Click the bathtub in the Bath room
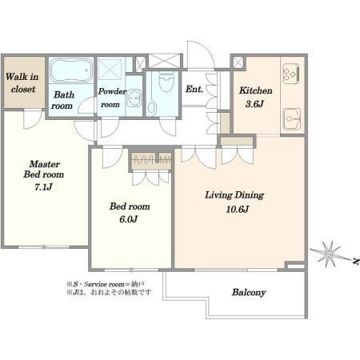pyautogui.click(x=71, y=70)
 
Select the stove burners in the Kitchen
pyautogui.click(x=291, y=72)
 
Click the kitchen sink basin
pyautogui.click(x=291, y=118)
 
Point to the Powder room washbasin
pyautogui.click(x=134, y=98)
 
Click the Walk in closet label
pyautogui.click(x=22, y=82)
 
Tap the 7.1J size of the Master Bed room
pyautogui.click(x=43, y=187)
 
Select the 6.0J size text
pyautogui.click(x=129, y=219)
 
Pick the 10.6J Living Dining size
pyautogui.click(x=238, y=209)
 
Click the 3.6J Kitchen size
pyautogui.click(x=254, y=104)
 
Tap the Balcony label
pyautogui.click(x=249, y=292)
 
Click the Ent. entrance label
pyautogui.click(x=194, y=89)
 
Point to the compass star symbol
pyautogui.click(x=329, y=254)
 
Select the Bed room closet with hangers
pyautogui.click(x=151, y=161)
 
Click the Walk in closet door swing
pyautogui.click(x=33, y=119)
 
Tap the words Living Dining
pyautogui.click(x=234, y=195)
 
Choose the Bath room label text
pyautogui.click(x=62, y=100)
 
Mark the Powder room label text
pyautogui.click(x=112, y=98)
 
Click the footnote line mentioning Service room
pyautogui.click(x=106, y=284)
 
